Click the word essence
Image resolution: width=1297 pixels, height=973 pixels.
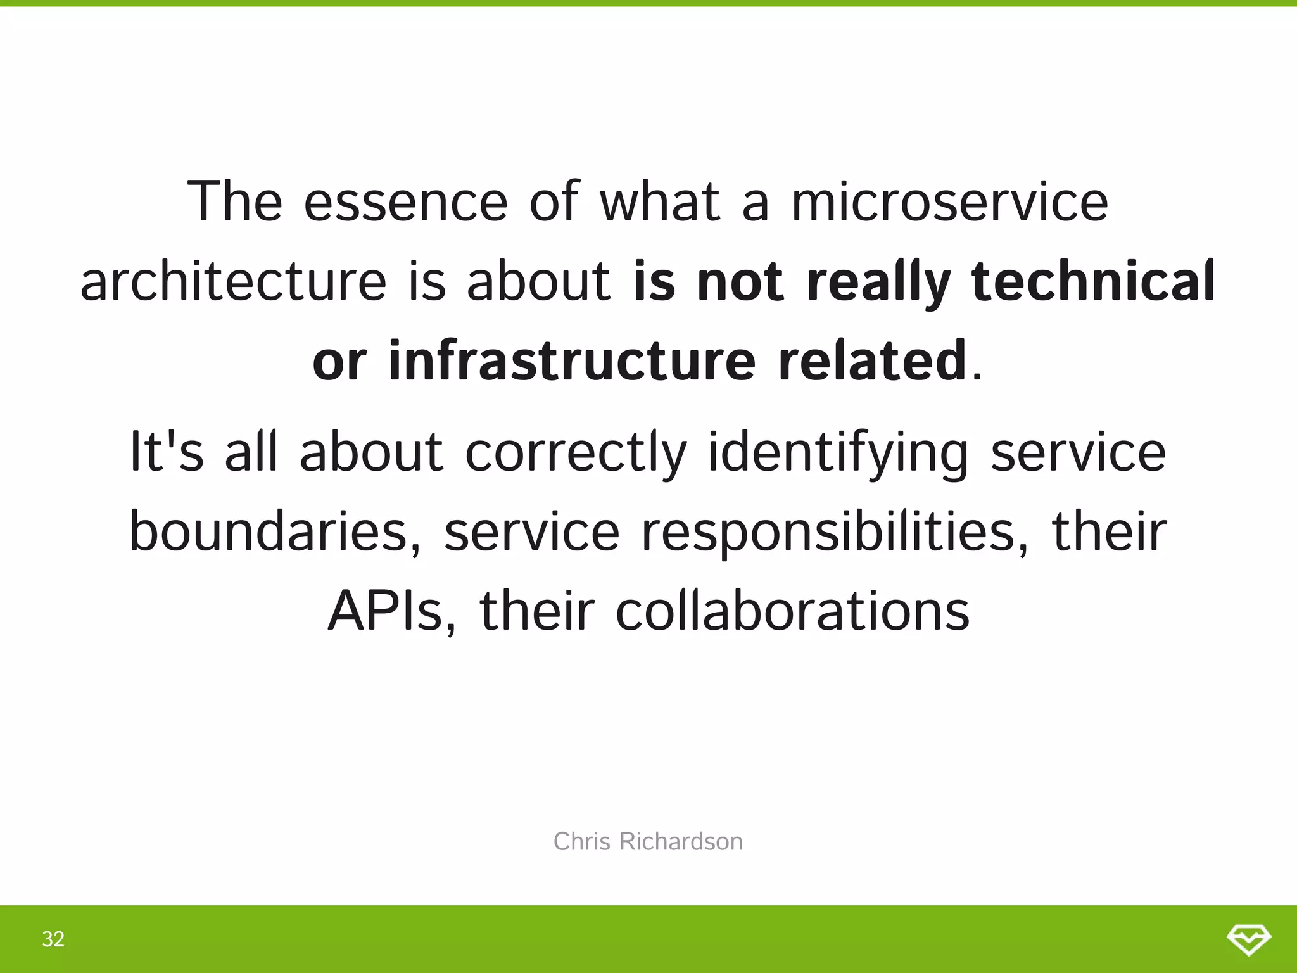pyautogui.click(x=405, y=201)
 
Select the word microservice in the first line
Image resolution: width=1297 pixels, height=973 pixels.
pyautogui.click(x=950, y=201)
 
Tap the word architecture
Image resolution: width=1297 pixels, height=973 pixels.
pyautogui.click(x=233, y=281)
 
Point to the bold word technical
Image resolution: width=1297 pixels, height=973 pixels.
pyautogui.click(x=1093, y=281)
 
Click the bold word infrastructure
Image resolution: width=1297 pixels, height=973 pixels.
pyautogui.click(x=572, y=360)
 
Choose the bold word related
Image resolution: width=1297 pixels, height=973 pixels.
pyautogui.click(x=872, y=360)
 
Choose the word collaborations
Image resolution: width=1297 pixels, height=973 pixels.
pyautogui.click(x=792, y=611)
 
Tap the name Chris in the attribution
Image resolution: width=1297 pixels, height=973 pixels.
pyautogui.click(x=582, y=842)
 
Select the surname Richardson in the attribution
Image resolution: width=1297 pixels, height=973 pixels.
pyautogui.click(x=681, y=842)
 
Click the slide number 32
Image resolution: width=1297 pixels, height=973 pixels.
pyautogui.click(x=53, y=939)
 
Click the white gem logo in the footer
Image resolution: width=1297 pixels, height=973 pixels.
pyautogui.click(x=1249, y=939)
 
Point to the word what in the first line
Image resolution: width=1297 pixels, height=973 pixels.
pyautogui.click(x=660, y=201)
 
